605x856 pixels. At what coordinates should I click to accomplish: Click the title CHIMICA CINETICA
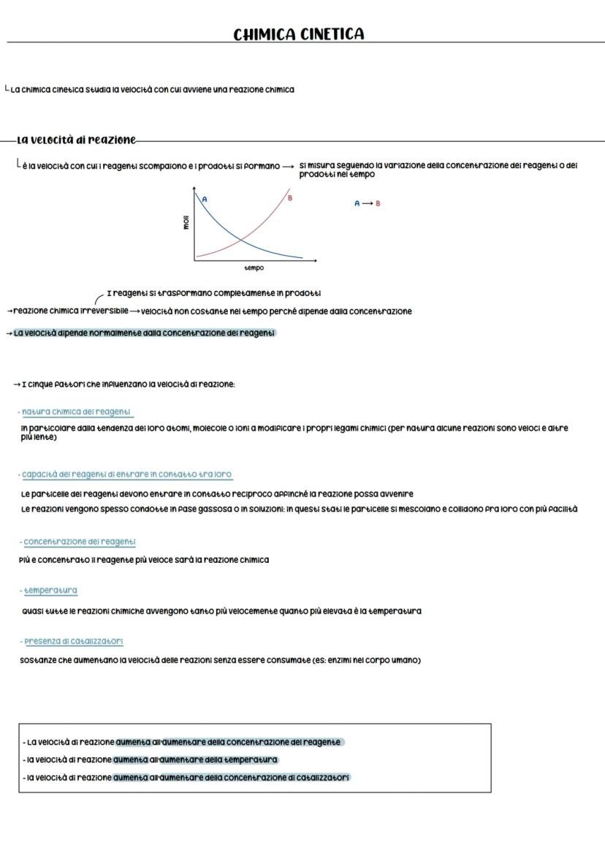point(298,34)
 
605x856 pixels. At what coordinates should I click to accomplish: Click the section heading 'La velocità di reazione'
point(76,140)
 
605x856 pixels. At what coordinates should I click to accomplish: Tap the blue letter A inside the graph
point(205,199)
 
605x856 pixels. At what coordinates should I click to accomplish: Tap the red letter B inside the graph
point(290,197)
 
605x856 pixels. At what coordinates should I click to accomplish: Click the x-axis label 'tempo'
point(254,268)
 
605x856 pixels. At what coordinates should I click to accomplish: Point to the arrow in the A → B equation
point(367,203)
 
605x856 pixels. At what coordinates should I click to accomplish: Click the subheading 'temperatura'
point(50,590)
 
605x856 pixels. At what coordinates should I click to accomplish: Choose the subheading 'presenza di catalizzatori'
point(74,641)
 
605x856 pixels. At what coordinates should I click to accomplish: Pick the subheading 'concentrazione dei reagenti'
point(80,542)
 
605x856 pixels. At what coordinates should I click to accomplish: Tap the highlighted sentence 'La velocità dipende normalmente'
point(144,333)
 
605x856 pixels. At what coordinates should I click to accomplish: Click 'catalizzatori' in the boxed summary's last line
point(326,777)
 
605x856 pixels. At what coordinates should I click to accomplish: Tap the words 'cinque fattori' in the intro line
point(58,385)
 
